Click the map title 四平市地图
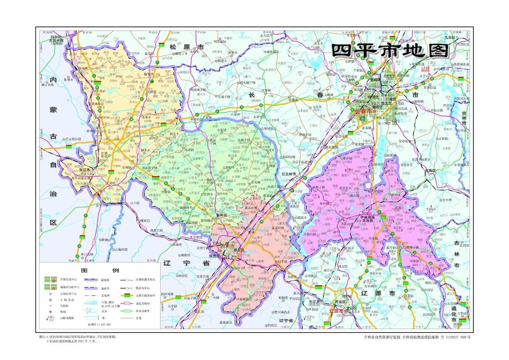pos(391,50)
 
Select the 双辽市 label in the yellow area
pos(85,171)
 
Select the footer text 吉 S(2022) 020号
pos(455,337)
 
